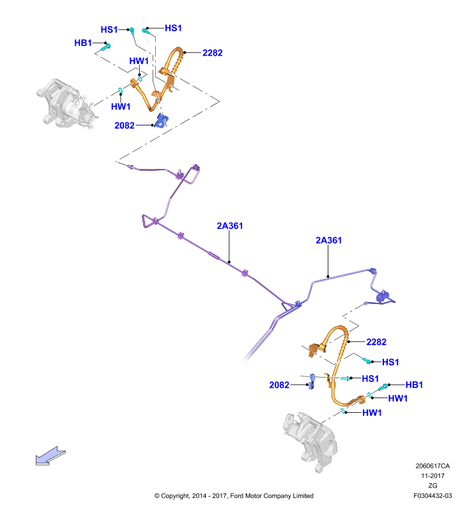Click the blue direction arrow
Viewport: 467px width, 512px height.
coord(50,455)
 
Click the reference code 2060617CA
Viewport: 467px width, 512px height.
coord(433,466)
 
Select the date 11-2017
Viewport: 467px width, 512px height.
coord(433,476)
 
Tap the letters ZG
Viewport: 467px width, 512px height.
coord(433,486)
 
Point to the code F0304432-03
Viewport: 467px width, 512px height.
coord(433,495)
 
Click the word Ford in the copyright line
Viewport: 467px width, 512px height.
coord(236,495)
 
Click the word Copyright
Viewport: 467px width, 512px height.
coord(175,496)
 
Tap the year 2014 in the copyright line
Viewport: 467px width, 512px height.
coord(199,495)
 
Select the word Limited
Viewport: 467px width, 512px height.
coord(303,495)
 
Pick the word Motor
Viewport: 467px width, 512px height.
coord(253,495)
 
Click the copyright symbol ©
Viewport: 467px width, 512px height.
coord(157,495)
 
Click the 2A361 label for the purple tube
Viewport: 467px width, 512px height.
coord(230,226)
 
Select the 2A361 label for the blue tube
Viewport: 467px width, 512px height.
coord(328,241)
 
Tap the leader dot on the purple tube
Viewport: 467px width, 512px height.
coord(229,262)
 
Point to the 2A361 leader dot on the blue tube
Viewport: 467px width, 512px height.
coord(328,276)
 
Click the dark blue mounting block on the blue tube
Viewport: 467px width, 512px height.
coord(383,296)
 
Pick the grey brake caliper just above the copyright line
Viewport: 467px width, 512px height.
coord(310,440)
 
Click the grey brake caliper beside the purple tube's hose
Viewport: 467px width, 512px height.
coord(67,103)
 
